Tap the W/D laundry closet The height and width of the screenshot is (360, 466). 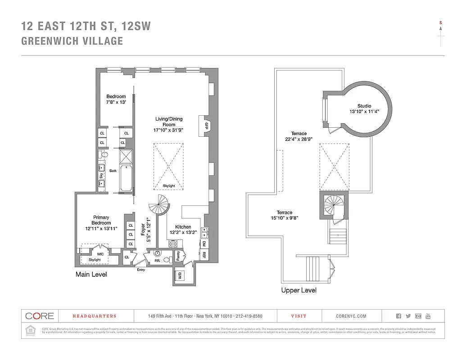[x=181, y=275]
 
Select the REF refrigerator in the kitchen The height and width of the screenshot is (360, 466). [x=204, y=255]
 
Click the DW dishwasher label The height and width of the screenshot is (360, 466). [x=204, y=243]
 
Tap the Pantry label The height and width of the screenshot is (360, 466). [x=178, y=256]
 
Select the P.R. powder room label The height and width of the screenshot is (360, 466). [x=157, y=260]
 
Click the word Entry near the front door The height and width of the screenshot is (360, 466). [x=141, y=270]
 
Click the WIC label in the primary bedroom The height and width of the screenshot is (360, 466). [x=100, y=254]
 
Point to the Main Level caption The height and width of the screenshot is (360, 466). [x=91, y=274]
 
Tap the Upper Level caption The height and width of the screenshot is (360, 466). [x=299, y=290]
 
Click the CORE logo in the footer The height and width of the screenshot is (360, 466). [x=40, y=316]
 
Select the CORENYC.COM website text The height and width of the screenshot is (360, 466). [x=351, y=316]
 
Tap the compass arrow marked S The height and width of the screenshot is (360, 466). [x=441, y=34]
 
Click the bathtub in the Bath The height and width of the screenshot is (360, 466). [x=126, y=178]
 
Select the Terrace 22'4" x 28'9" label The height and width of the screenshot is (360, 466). [x=299, y=136]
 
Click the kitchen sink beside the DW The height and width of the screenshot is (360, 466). [x=204, y=232]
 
